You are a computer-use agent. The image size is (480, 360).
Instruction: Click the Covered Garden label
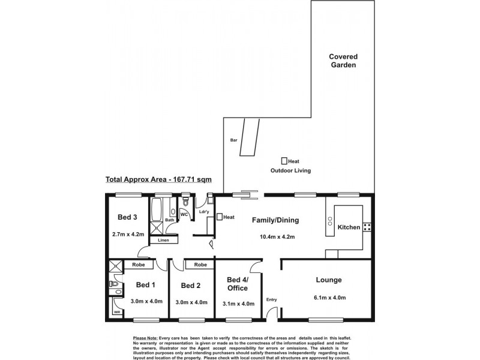click(x=343, y=61)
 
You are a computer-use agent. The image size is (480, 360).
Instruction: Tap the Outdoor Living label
click(x=292, y=171)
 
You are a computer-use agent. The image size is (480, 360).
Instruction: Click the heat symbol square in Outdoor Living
click(x=284, y=161)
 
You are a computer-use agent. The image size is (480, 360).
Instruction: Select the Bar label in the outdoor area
click(x=234, y=140)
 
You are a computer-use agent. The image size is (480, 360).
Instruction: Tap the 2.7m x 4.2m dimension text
click(x=128, y=235)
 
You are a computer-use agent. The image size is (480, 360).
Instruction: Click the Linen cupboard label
click(x=164, y=241)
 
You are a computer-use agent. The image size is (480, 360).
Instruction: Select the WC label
click(x=184, y=214)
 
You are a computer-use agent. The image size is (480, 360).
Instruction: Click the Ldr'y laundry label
click(x=204, y=212)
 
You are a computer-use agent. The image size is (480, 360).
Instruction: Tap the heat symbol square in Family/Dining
click(x=220, y=217)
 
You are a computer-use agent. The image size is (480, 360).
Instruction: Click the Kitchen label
click(x=349, y=227)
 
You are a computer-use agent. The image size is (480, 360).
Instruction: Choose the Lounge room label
click(x=329, y=280)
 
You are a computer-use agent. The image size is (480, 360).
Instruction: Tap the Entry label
click(x=272, y=300)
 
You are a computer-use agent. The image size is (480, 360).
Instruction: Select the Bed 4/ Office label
click(x=238, y=284)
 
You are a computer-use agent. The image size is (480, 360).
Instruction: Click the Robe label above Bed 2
click(x=200, y=265)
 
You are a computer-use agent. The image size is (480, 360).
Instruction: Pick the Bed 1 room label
click(x=145, y=285)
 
